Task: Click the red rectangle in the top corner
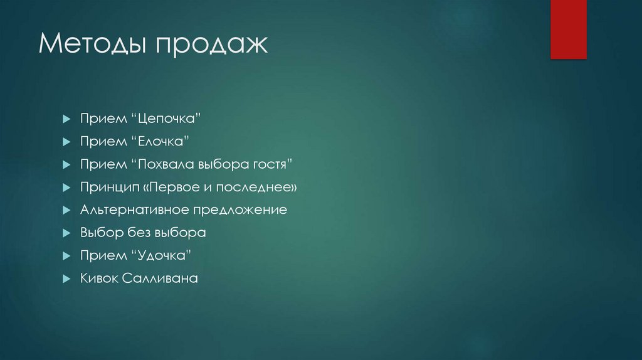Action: click(x=568, y=29)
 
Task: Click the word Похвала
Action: click(x=162, y=164)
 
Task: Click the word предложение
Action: click(x=241, y=210)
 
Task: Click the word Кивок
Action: click(x=99, y=278)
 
